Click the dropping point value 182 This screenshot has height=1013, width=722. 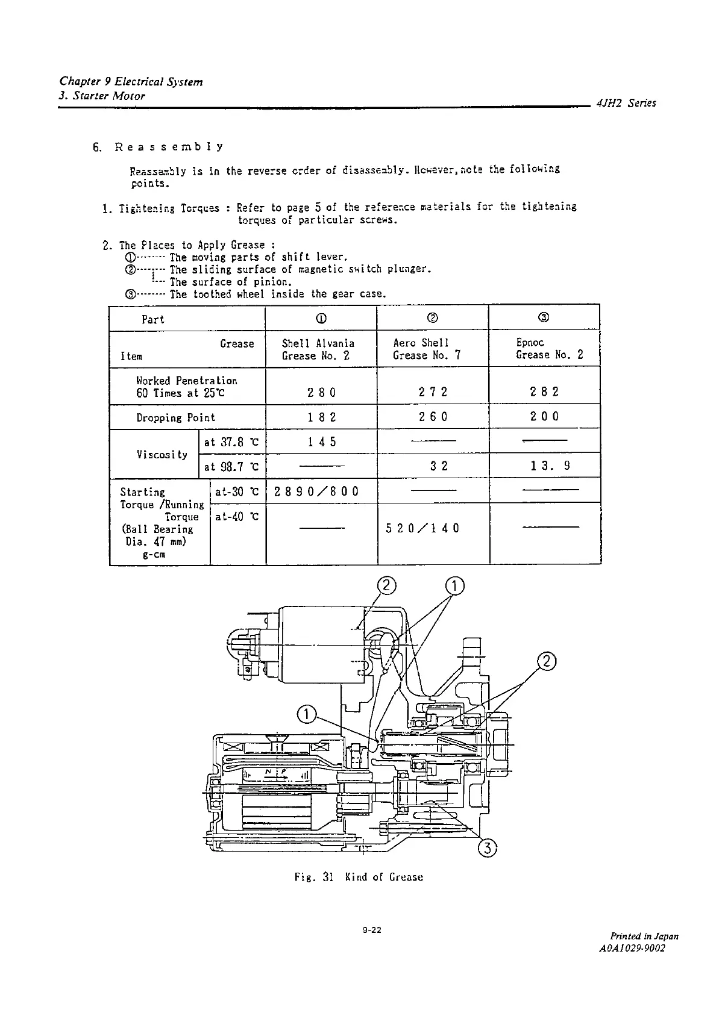click(322, 417)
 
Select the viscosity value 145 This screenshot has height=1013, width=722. click(322, 442)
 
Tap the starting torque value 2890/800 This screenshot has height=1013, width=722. click(316, 491)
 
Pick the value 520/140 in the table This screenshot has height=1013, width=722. click(422, 528)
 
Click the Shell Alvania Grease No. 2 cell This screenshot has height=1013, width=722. click(318, 349)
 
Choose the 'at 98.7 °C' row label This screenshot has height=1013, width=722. click(231, 467)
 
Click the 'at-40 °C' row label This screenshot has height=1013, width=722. click(237, 516)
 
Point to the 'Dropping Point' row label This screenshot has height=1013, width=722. click(175, 417)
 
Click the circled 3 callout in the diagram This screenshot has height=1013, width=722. click(487, 848)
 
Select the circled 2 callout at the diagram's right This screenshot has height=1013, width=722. click(546, 661)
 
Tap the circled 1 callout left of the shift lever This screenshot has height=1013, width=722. click(307, 715)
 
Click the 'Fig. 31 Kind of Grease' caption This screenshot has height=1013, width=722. click(359, 877)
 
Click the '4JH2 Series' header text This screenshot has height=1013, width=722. click(626, 103)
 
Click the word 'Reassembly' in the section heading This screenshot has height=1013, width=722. click(169, 147)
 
